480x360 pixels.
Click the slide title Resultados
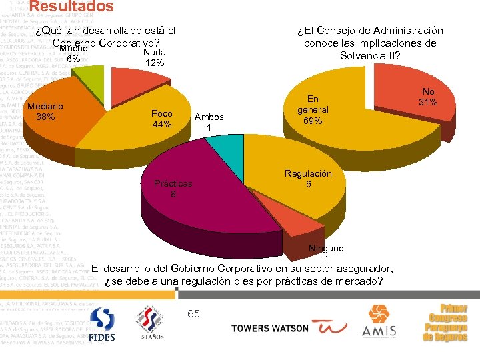(71, 7)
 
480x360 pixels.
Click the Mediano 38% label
(45, 111)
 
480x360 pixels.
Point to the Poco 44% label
(162, 119)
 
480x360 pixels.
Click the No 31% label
(427, 97)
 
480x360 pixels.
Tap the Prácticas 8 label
(173, 189)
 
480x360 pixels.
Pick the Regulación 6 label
(308, 179)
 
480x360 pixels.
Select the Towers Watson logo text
(269, 328)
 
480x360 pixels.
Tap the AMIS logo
(379, 321)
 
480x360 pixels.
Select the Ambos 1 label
(209, 122)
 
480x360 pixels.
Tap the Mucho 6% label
(74, 54)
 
